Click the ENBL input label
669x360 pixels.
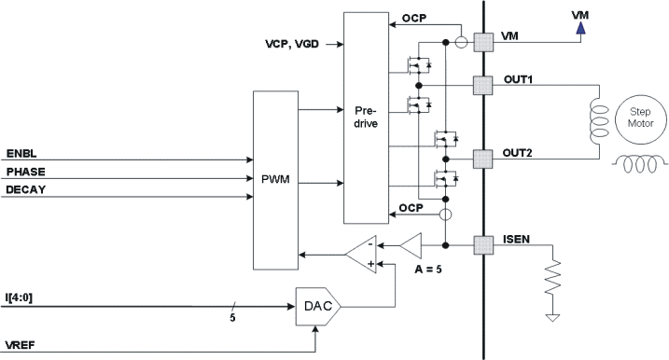tap(21, 152)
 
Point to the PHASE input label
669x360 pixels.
tap(25, 172)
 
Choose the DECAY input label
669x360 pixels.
tap(25, 189)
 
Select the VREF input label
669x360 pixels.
tap(21, 344)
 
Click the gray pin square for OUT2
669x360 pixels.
tap(482, 158)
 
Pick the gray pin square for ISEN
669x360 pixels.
tap(482, 246)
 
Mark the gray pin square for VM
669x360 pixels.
tap(482, 41)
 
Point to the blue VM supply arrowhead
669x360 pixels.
tap(579, 28)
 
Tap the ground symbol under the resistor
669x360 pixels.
tap(553, 319)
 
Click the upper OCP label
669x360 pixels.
tap(416, 18)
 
